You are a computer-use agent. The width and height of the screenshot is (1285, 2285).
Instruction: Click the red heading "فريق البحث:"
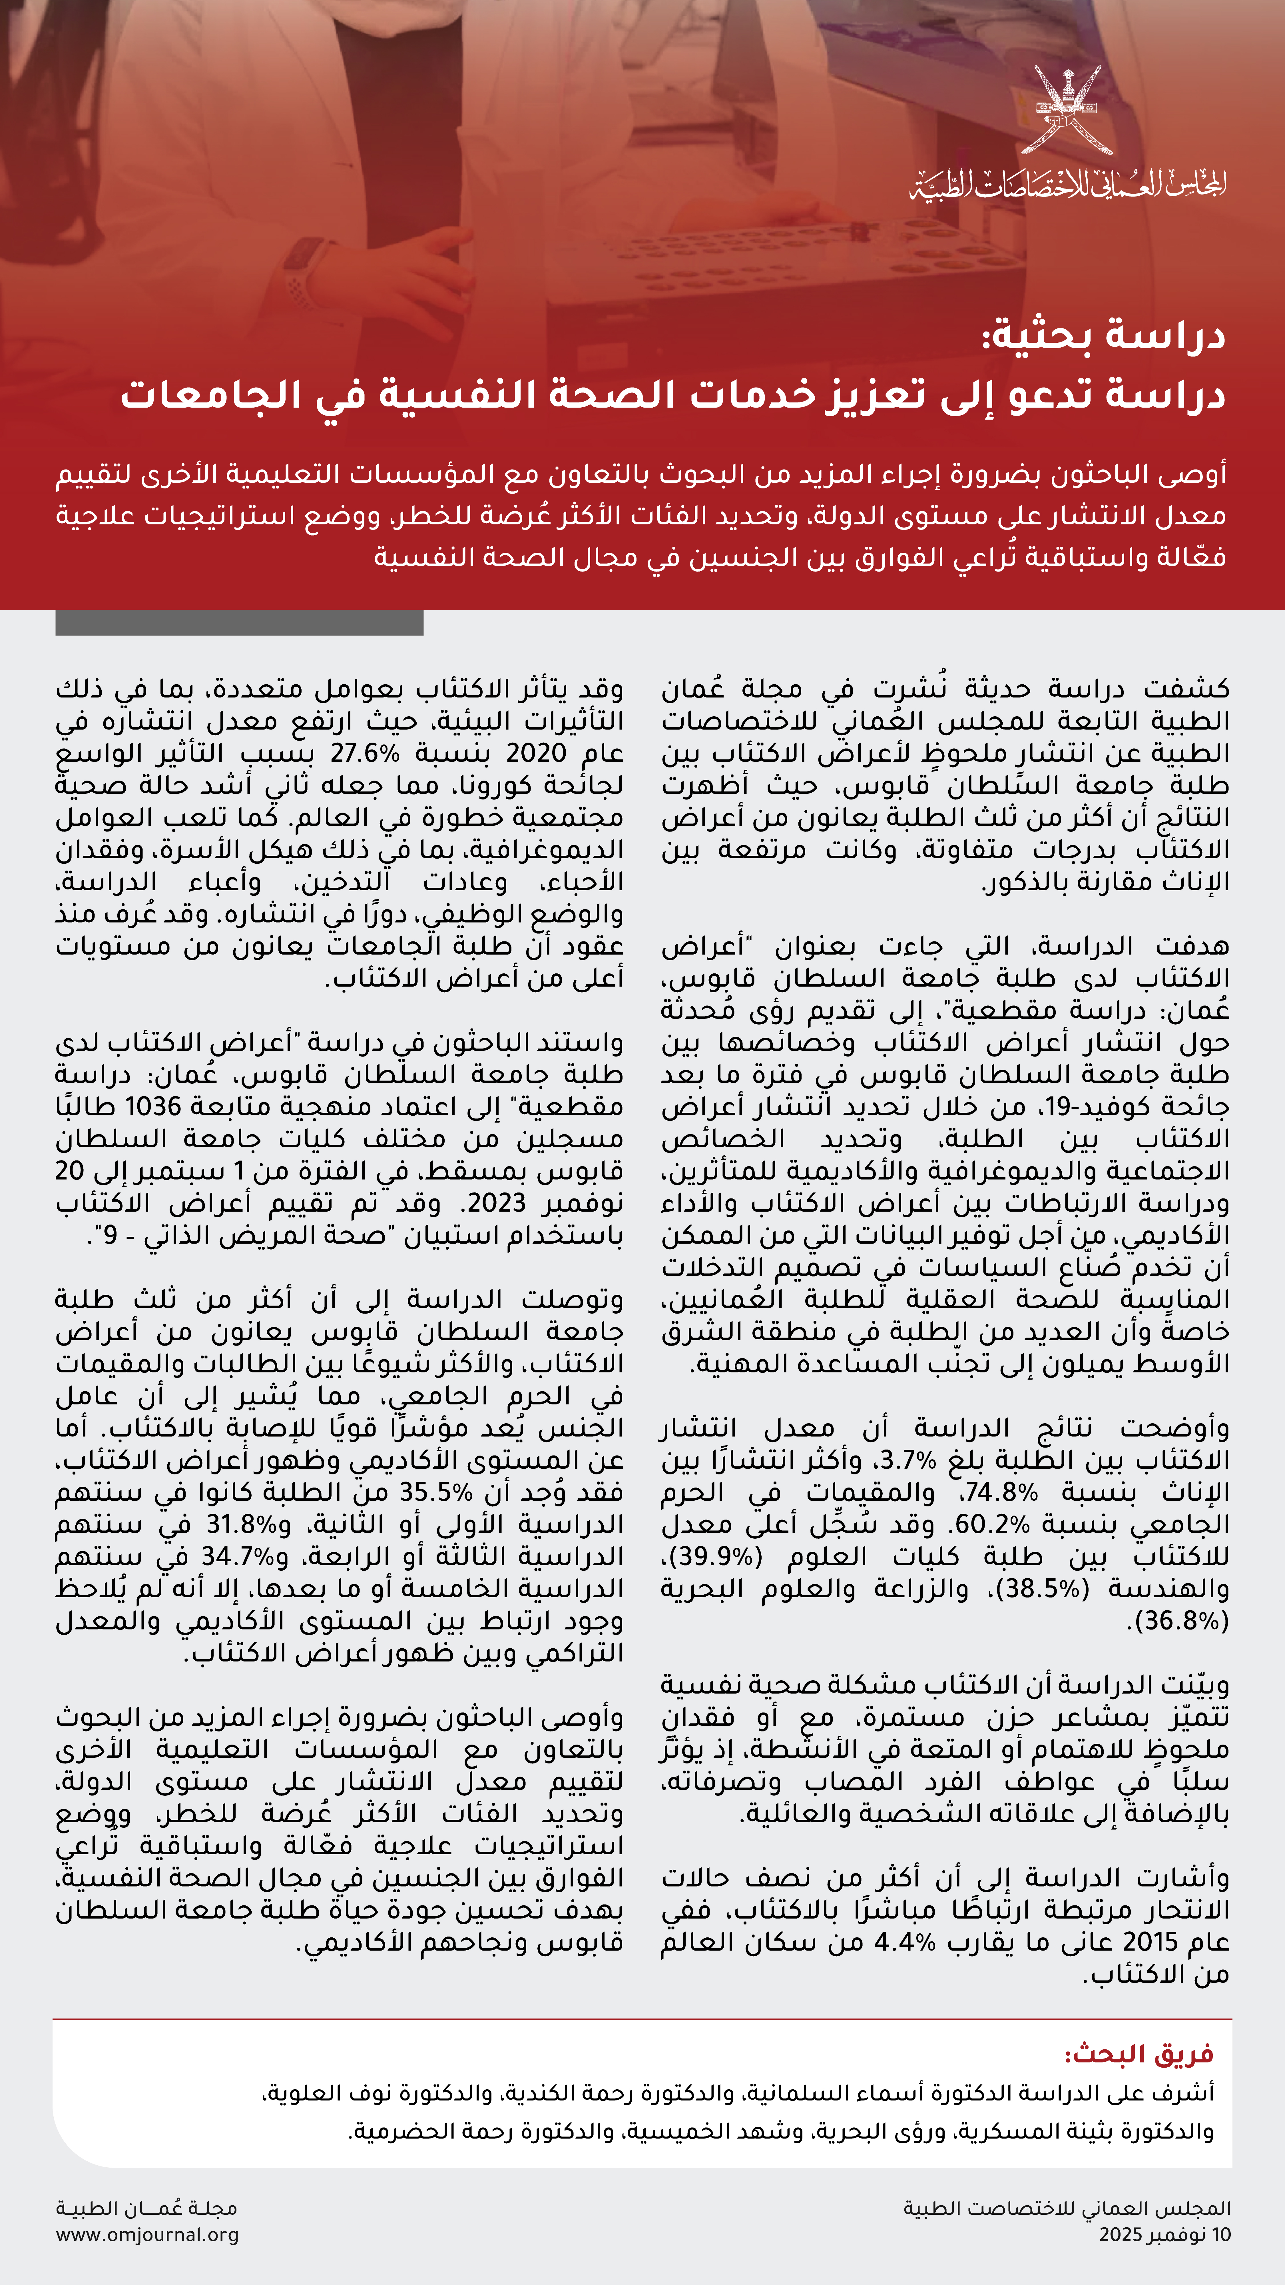[1139, 2053]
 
